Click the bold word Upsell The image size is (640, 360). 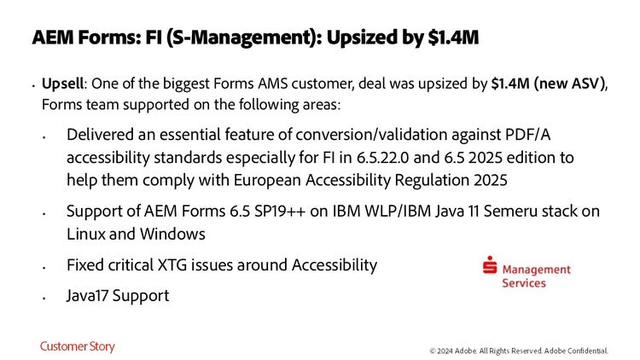coord(62,84)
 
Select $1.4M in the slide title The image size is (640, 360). coord(453,38)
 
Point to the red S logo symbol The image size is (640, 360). coord(490,264)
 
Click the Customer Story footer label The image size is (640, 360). coord(77,346)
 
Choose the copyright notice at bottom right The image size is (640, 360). coord(518,351)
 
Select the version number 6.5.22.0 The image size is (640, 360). coord(382,158)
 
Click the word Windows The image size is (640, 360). coord(172,235)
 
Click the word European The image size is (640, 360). coord(267,180)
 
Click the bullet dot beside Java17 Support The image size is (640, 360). coord(44,299)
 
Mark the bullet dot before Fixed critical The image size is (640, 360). coord(44,268)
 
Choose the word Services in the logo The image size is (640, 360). coord(524,283)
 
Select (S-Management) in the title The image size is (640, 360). coord(244,38)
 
